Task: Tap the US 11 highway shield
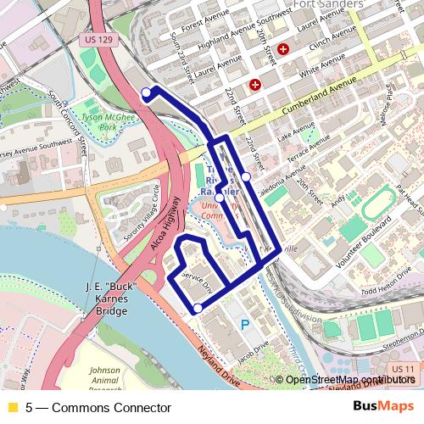point(404,370)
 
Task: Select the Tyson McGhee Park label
point(107,120)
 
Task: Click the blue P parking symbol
point(245,324)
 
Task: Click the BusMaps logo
point(384,407)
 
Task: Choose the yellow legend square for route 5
point(12,408)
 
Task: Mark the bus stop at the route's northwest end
point(146,92)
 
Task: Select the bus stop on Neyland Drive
point(197,310)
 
